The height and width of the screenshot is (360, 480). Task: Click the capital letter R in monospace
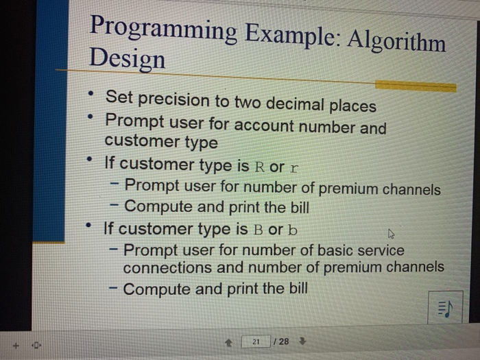click(x=259, y=166)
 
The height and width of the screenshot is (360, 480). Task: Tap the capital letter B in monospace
click(x=258, y=228)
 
